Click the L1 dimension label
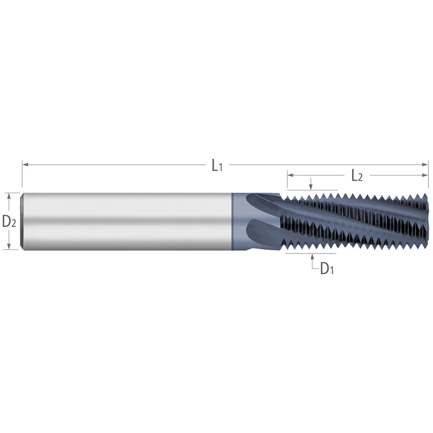click(217, 165)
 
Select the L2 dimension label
click(357, 176)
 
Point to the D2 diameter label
click(9, 222)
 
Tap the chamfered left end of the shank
click(22, 221)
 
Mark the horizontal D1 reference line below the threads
click(310, 254)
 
